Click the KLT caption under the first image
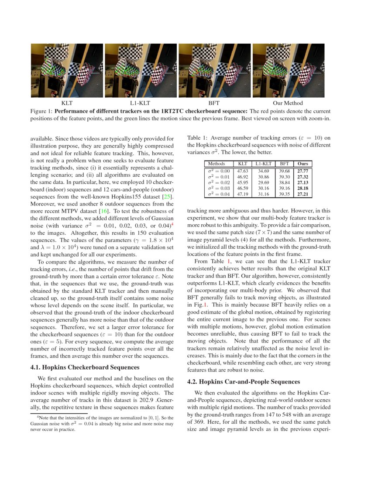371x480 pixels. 67,103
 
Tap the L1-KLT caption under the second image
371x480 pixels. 141,103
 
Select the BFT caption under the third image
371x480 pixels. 214,103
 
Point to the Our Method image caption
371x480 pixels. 287,103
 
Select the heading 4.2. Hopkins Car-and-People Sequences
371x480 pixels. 243,382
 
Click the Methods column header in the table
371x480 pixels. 217,164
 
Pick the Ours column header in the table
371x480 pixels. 302,164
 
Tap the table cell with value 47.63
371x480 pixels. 242,171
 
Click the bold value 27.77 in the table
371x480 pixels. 302,171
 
